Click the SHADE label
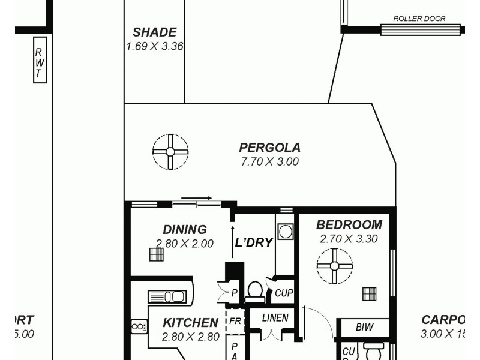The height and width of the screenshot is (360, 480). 154,32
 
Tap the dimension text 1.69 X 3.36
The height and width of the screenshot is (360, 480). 154,46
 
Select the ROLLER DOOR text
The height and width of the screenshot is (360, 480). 419,19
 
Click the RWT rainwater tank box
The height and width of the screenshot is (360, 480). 40,59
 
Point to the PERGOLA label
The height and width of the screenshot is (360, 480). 269,148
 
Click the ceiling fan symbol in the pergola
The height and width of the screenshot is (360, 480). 170,151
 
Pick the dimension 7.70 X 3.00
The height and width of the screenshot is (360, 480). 269,161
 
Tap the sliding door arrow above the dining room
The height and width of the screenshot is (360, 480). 196,197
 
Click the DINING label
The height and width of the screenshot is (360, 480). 184,229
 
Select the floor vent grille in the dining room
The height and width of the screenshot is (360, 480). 156,254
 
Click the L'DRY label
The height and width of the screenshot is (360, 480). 254,243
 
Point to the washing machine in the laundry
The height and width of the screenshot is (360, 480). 286,232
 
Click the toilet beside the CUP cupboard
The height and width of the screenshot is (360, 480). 255,291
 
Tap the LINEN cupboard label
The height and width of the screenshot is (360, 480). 275,318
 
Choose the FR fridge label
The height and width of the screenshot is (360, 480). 235,321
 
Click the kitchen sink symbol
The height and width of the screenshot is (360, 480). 167,297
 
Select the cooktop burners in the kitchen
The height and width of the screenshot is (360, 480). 139,326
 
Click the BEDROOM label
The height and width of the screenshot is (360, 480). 349,225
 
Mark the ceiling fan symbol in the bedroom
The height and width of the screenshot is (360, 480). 335,265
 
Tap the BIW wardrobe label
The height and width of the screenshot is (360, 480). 364,328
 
